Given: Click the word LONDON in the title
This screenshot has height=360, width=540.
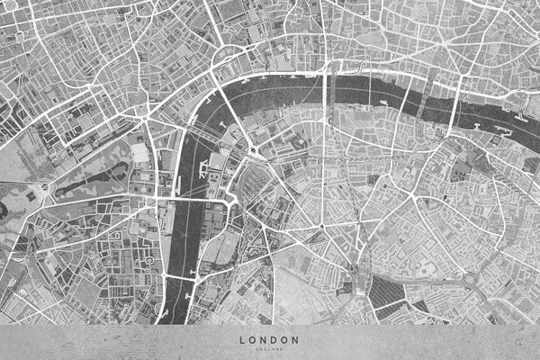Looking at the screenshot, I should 269,339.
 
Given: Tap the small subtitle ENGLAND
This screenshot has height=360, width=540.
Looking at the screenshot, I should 269,347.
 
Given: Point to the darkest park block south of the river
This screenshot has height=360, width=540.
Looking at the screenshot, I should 387,292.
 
